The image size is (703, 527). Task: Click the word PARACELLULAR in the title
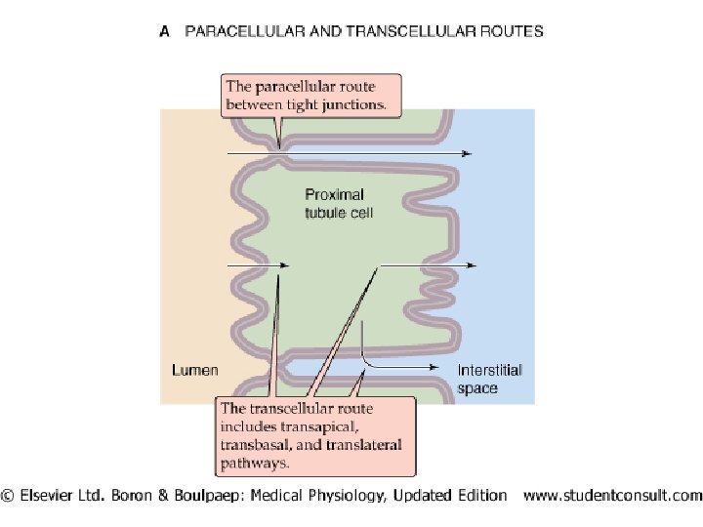pos(238,31)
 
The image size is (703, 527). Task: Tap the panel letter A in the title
pos(164,31)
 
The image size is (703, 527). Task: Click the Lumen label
pos(195,370)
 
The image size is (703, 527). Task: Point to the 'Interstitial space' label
pos(490,379)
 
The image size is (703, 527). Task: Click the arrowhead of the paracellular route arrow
pos(468,153)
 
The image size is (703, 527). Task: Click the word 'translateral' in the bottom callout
pos(353,444)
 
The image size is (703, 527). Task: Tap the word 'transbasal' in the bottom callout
pos(255,444)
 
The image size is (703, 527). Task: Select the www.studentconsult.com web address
pos(612,496)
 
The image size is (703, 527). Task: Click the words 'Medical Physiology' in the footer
pos(312,496)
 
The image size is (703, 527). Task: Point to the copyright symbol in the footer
pos(9,496)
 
